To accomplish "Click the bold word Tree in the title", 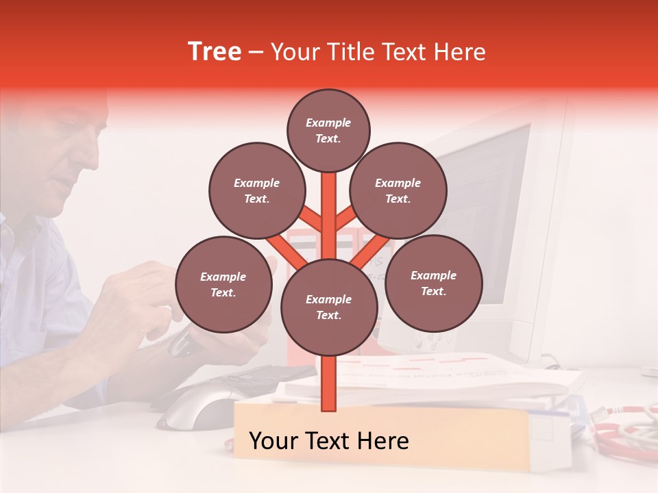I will click(215, 52).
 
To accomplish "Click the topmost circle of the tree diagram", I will click(328, 130).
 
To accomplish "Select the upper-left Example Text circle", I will click(257, 190).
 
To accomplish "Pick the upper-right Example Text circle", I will click(398, 190).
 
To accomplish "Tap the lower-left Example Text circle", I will click(223, 284).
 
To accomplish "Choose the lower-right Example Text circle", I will click(433, 283).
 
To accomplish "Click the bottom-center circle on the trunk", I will click(329, 307).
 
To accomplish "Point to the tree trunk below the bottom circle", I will click(329, 383).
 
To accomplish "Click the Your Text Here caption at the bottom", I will click(328, 441).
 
